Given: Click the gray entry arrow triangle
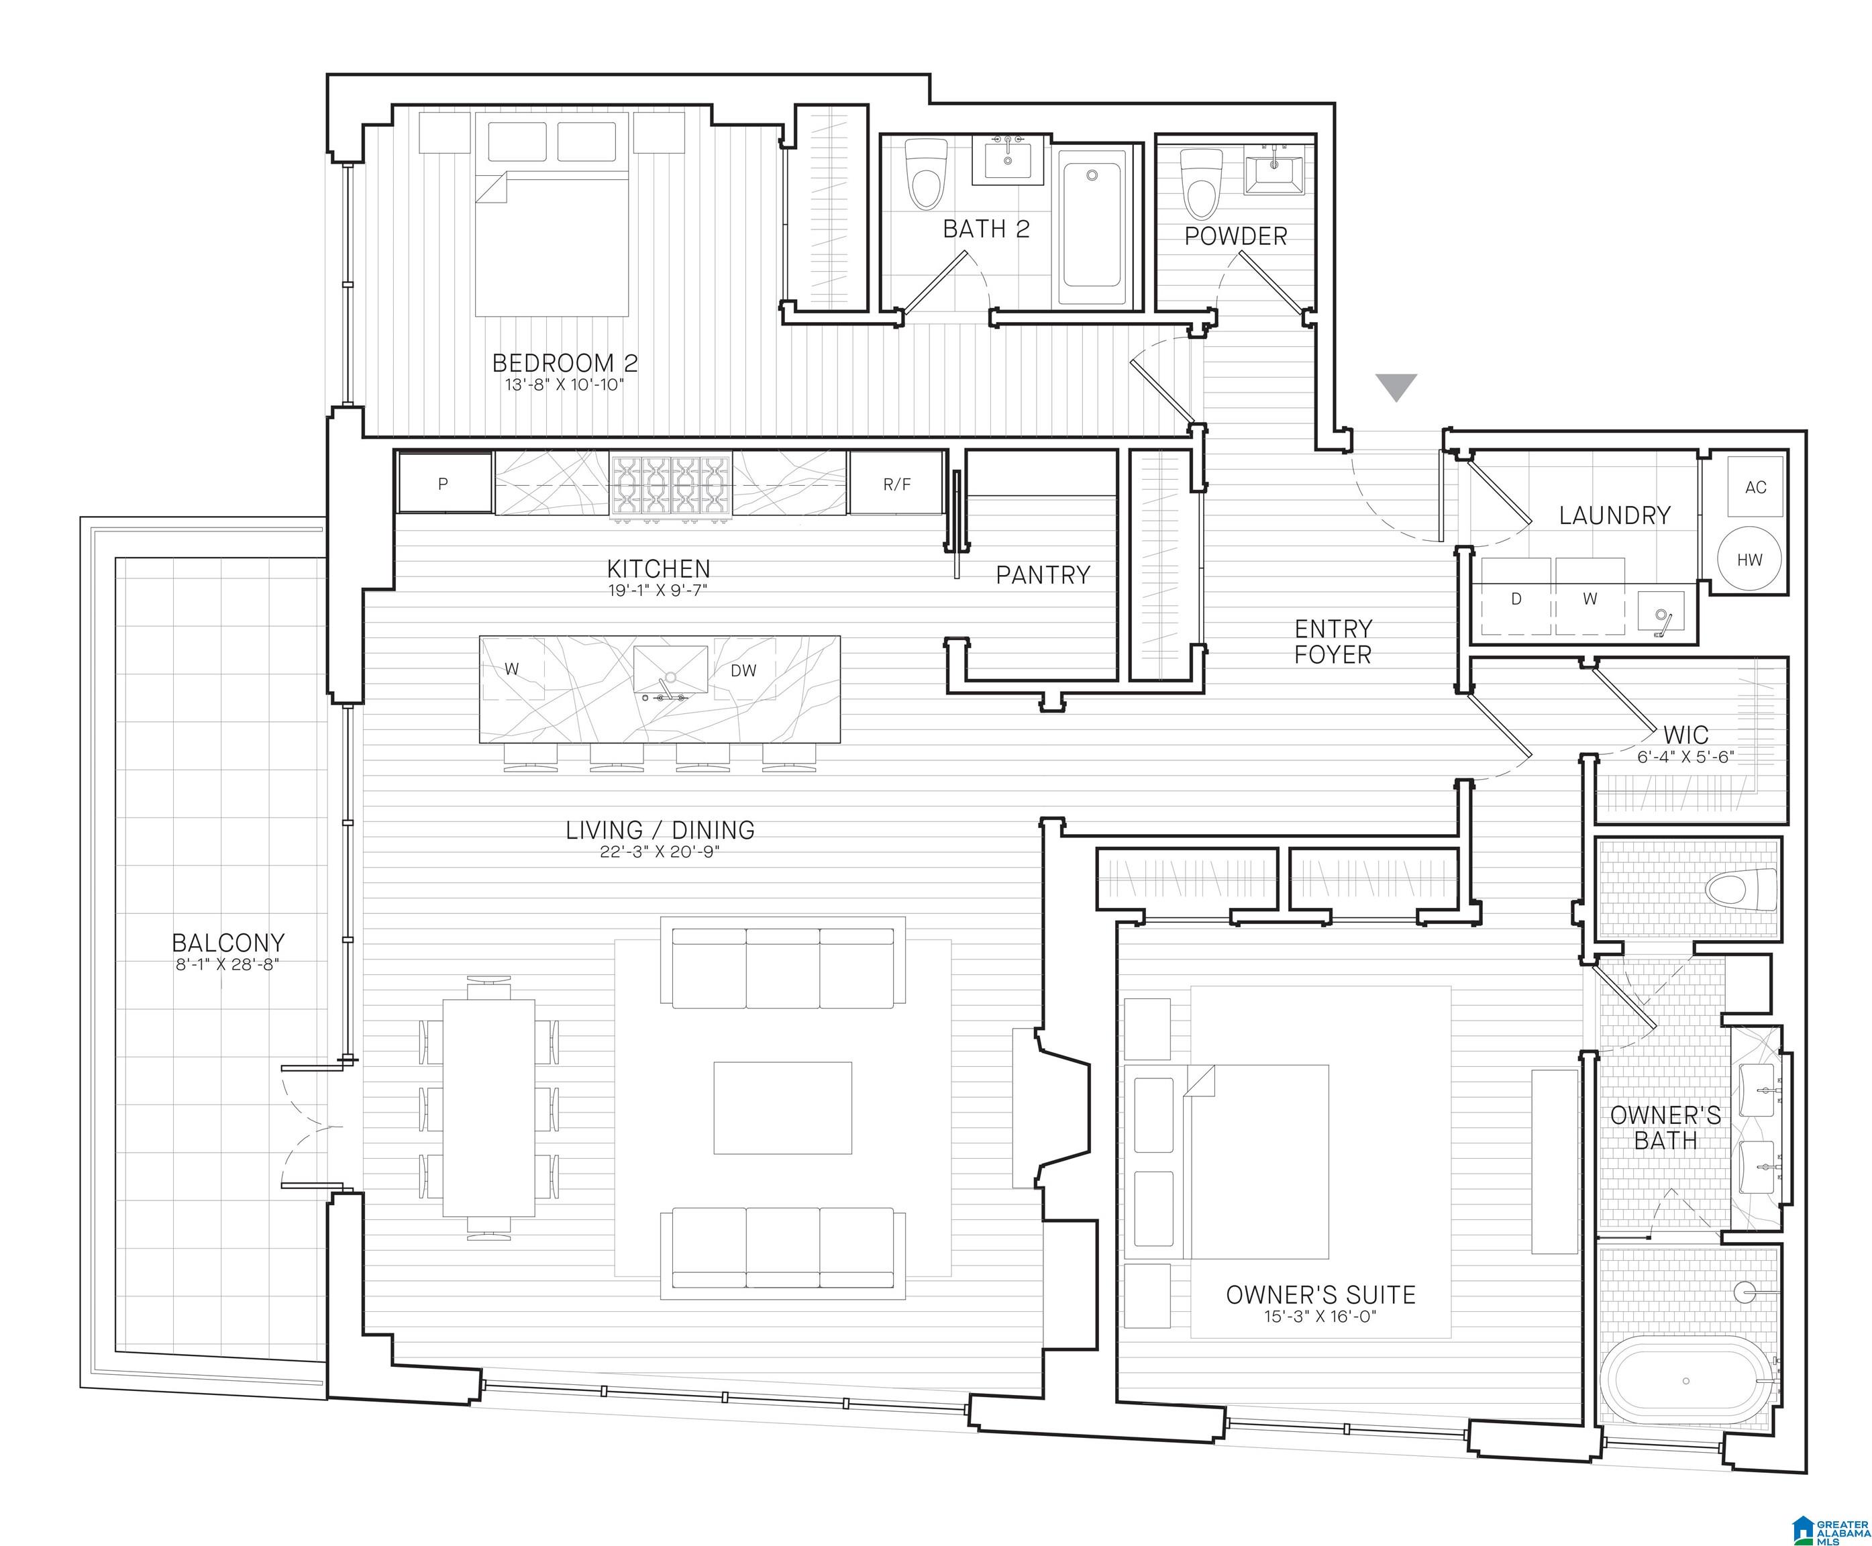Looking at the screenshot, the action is [x=1396, y=386].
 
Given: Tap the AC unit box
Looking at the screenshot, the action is [x=1755, y=486].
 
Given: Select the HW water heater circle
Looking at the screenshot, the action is [x=1749, y=559].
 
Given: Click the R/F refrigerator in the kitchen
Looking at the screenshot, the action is [x=896, y=484].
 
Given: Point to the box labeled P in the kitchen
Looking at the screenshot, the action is [x=444, y=484].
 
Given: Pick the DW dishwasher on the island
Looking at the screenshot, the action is [x=743, y=670].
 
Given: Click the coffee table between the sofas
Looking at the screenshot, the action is [x=782, y=1108].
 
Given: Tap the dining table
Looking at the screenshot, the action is [x=489, y=1108].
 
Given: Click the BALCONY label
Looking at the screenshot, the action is [x=228, y=942].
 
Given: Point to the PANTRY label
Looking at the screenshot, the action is [x=1043, y=575].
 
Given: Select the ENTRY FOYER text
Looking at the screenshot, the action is [x=1333, y=642].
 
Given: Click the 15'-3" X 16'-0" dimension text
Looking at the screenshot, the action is [x=1320, y=1317].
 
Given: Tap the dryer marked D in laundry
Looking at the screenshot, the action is [x=1516, y=599].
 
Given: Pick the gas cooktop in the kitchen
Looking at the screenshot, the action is [x=670, y=484].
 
